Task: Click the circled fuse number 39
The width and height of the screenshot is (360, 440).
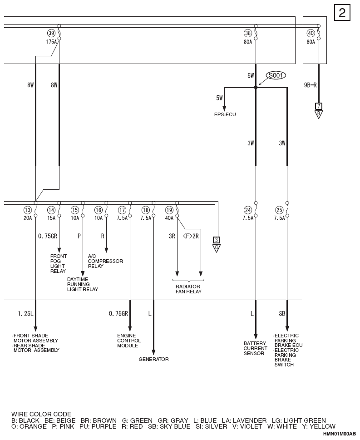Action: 51,33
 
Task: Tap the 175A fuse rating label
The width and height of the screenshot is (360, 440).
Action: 51,42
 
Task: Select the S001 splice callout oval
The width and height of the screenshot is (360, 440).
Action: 276,75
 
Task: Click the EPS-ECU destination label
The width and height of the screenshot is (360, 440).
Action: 225,114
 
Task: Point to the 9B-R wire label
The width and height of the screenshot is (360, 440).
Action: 311,85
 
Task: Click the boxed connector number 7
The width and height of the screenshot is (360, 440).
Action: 319,106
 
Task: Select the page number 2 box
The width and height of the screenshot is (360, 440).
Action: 342,13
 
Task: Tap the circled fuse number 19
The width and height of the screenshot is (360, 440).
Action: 169,210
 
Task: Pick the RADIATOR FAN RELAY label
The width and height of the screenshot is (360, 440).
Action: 188,289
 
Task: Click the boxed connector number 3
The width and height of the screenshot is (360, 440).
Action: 217,240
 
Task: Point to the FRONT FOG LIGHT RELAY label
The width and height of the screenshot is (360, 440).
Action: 59,263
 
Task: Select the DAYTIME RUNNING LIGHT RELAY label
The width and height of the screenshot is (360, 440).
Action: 83,284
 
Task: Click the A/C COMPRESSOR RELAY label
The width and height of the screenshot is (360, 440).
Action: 105,261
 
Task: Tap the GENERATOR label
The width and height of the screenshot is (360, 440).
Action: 153,359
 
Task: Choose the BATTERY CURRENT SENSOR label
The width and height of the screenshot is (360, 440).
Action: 255,348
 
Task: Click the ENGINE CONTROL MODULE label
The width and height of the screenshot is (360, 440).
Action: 129,341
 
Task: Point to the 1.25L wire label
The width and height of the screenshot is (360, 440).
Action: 25,314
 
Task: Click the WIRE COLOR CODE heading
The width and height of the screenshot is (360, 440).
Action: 41,414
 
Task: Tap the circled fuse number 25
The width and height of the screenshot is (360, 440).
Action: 279,210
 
